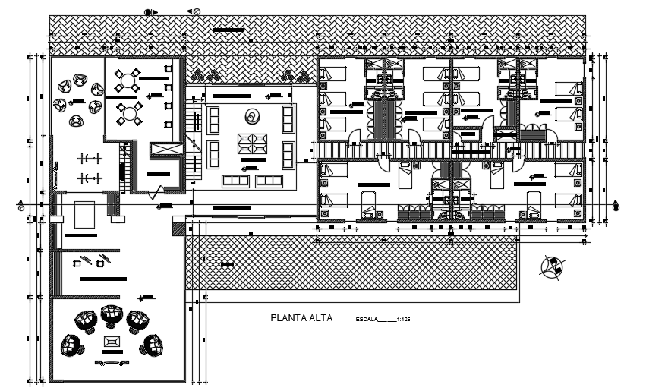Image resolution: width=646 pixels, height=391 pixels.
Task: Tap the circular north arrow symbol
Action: [x=552, y=266]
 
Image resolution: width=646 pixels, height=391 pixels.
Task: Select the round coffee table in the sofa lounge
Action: [x=251, y=116]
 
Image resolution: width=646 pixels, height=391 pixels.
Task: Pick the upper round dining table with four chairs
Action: [x=130, y=79]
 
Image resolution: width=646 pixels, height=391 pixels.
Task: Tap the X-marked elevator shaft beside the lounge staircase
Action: [x=166, y=150]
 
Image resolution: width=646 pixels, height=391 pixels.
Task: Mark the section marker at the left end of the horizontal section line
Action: [x=20, y=205]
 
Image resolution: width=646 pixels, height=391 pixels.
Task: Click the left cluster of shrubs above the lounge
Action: [x=206, y=74]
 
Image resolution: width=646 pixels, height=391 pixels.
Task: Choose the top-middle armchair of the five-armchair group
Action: [x=112, y=313]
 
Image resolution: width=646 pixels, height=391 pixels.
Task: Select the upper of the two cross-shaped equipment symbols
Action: [x=91, y=158]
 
